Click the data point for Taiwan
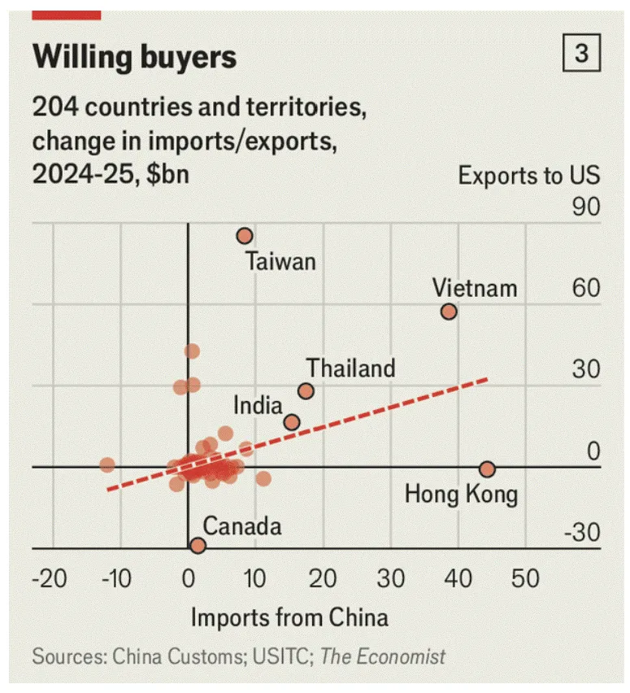coord(245,236)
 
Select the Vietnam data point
coord(449,312)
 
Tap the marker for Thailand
coord(306,391)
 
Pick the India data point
coord(292,422)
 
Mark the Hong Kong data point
coord(487,469)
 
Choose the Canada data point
coord(198,545)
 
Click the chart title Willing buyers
coord(134,57)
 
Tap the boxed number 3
coord(581,54)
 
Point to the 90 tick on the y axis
coord(585,208)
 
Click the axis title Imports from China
coord(289,617)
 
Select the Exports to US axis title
coord(528,175)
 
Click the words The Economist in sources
coord(383,656)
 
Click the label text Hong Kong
coord(461,494)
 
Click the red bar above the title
coord(67,15)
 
